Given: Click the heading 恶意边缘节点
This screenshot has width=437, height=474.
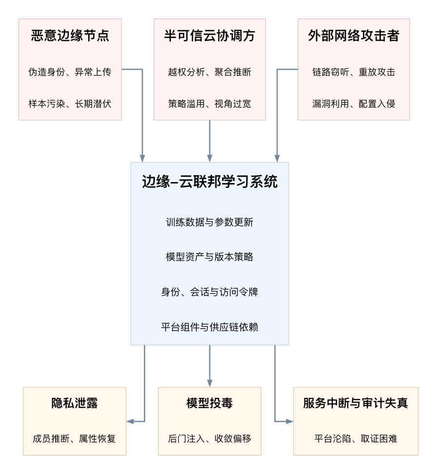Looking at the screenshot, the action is [70, 35].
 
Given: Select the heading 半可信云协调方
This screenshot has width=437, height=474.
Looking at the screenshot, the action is [209, 35].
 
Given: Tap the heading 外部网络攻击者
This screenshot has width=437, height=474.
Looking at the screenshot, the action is [354, 35].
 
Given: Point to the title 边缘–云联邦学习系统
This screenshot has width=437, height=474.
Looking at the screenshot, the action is [209, 182].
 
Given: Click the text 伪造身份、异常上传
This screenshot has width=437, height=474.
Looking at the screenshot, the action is [70, 72].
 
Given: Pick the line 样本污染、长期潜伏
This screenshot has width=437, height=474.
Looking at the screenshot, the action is [70, 103].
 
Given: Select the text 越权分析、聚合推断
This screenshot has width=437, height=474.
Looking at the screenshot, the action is [209, 72].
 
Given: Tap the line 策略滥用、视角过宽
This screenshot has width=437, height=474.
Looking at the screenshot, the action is [209, 103].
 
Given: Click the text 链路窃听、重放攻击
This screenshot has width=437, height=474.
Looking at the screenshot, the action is [354, 72].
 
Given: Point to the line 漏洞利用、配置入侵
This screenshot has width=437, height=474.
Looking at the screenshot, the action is [354, 103].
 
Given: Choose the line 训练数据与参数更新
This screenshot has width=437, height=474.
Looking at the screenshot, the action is [209, 222].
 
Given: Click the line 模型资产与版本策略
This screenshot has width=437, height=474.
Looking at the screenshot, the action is [209, 257].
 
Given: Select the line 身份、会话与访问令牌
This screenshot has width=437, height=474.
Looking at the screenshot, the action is [209, 292].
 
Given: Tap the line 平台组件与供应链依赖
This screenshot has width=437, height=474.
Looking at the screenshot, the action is [209, 327].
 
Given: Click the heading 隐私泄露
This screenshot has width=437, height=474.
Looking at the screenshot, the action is [75, 403].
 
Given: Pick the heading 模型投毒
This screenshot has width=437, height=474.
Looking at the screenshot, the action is [209, 403].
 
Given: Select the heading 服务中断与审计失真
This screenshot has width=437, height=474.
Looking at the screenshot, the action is [356, 403].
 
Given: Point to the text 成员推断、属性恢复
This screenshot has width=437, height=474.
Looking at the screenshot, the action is [75, 439].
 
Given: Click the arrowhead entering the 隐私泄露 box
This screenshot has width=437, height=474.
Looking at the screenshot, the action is [130, 421].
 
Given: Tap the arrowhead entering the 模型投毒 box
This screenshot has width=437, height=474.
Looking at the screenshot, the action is [209, 384].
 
